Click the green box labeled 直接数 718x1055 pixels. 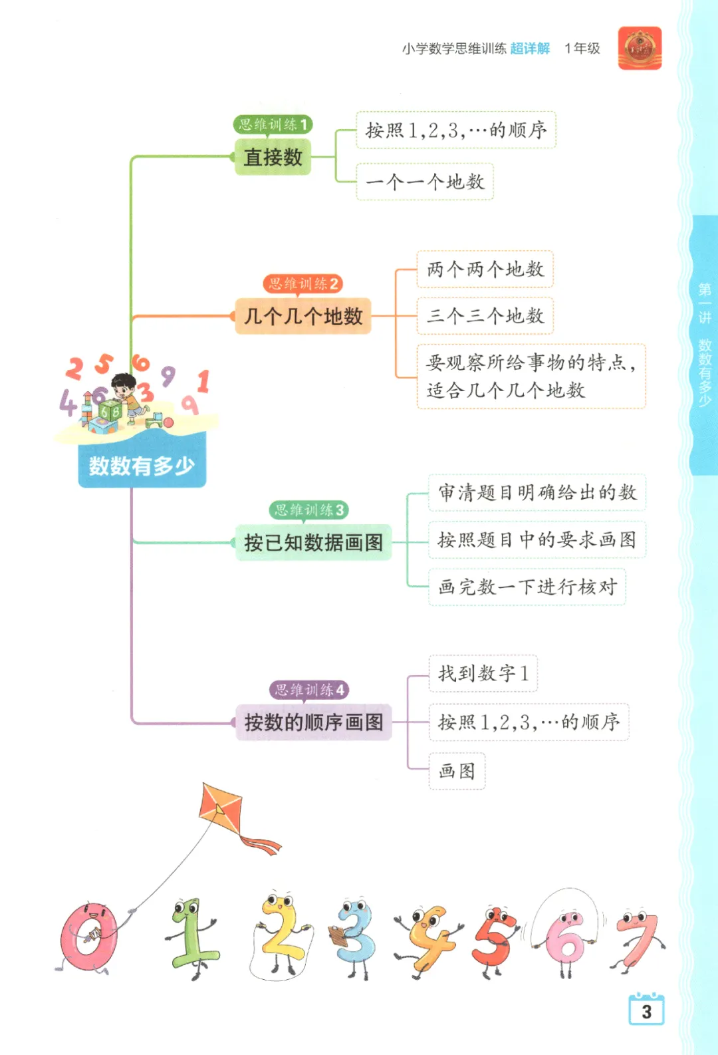[273, 157]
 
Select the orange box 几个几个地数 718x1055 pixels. [303, 316]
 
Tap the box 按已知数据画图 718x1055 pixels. [313, 543]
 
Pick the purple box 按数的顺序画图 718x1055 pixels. [313, 722]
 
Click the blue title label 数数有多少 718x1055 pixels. [142, 466]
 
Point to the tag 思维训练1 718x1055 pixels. [273, 124]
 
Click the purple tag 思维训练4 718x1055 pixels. [309, 690]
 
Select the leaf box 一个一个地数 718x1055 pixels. [425, 182]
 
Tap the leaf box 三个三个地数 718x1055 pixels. [485, 316]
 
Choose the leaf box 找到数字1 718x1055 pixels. [483, 673]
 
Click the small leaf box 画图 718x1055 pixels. [457, 771]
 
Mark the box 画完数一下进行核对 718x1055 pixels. [527, 587]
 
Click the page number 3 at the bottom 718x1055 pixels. [646, 1012]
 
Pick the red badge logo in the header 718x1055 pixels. [640, 48]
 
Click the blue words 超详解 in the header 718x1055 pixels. [530, 49]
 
